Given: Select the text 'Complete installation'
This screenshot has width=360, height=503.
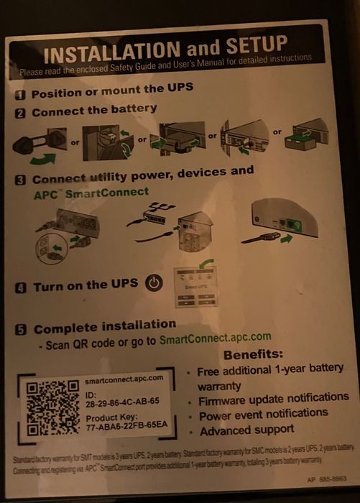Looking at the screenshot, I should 105,327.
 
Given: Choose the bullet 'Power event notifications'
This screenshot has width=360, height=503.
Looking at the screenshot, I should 264,415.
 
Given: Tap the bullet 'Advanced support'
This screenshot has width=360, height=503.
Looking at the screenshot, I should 246,430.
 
